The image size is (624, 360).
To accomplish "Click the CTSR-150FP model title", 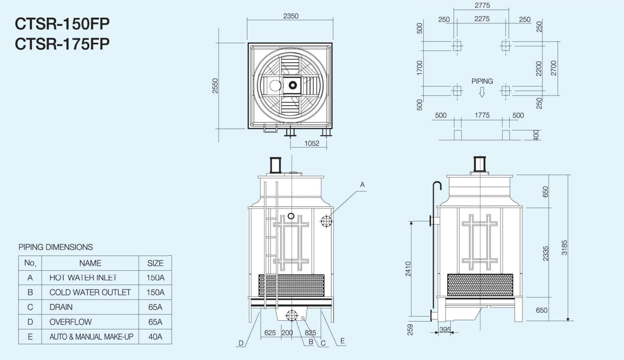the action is [62, 24].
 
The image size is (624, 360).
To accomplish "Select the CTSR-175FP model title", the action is [62, 44].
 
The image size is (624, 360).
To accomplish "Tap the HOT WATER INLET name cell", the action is [83, 278].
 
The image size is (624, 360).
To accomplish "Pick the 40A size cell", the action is [155, 337].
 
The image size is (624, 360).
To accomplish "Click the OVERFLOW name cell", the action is [70, 322].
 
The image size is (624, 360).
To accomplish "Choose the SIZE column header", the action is [155, 263].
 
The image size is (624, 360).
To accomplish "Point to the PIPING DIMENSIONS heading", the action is [55, 247].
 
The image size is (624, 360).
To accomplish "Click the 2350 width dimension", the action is [291, 16].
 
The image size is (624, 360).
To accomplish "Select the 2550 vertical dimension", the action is [215, 86].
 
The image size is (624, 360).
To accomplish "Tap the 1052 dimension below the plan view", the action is [312, 144].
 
